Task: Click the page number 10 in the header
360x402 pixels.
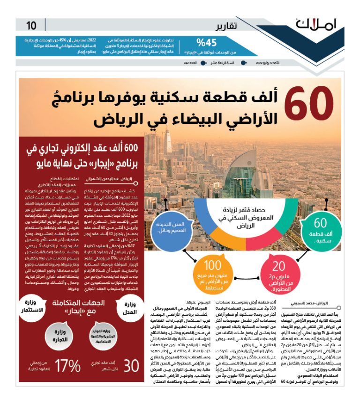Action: [31, 25]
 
